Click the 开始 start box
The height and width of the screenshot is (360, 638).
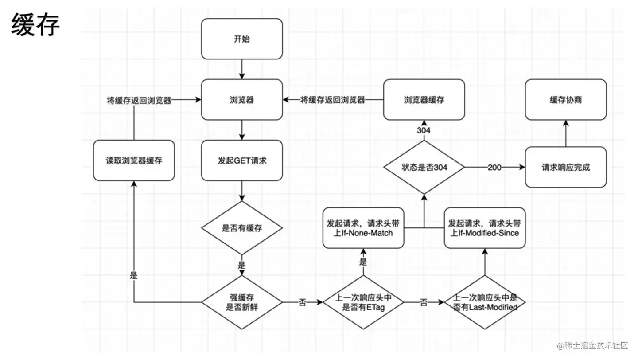point(242,39)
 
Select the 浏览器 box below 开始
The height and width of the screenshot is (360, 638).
point(242,99)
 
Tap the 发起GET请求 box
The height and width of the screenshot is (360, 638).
point(242,160)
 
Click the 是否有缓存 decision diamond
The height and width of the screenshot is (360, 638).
point(242,228)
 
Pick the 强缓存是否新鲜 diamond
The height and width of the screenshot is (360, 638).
point(242,302)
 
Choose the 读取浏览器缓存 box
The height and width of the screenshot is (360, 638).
point(134,160)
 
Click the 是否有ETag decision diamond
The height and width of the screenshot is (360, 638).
point(363,302)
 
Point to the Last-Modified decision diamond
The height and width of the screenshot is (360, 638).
point(485,302)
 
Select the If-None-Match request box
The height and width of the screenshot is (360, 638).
point(363,228)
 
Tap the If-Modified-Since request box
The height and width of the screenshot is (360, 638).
point(485,228)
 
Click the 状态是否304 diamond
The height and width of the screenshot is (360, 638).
point(424,167)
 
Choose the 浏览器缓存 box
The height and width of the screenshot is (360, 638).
point(424,99)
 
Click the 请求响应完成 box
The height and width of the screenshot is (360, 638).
point(566,167)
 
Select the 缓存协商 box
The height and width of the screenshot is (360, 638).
point(566,99)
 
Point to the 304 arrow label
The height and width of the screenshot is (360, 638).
point(424,130)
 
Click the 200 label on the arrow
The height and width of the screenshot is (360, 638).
point(494,167)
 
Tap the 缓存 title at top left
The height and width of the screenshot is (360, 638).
point(35,24)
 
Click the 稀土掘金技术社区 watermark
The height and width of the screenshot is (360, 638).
point(593,345)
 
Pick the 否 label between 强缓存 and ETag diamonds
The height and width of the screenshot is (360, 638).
point(302,302)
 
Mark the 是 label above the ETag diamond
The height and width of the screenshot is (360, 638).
point(363,262)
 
